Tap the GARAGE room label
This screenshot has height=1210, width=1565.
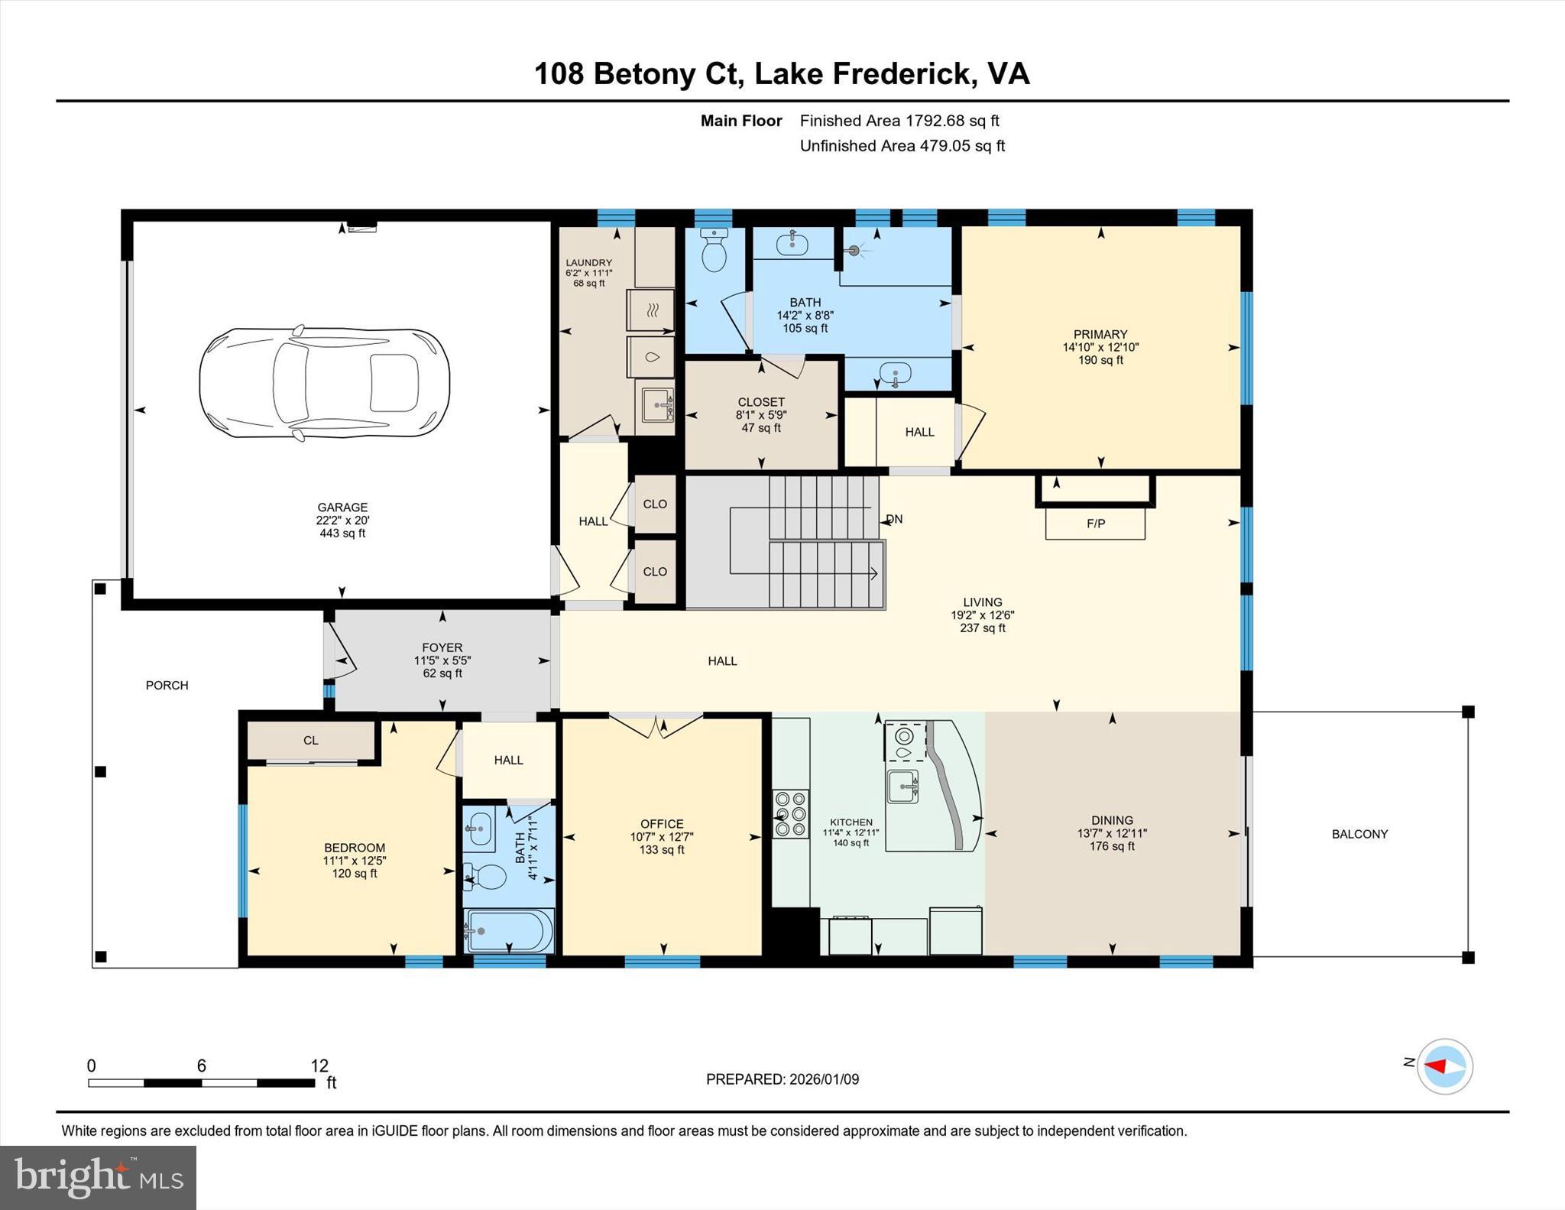(342, 508)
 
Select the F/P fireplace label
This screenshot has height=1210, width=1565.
(1095, 524)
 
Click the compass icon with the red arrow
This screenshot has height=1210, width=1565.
(1444, 1066)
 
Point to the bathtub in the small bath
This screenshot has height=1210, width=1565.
(508, 930)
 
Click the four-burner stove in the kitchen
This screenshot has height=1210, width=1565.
(790, 813)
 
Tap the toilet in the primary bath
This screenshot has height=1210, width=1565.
(714, 251)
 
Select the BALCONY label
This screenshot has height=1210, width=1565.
(1359, 834)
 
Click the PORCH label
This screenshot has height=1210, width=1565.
(167, 685)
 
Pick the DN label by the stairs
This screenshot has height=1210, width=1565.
(894, 519)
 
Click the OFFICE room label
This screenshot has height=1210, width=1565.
(662, 823)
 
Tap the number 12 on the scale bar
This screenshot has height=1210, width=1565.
(319, 1066)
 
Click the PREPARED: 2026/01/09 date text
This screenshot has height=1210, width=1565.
(782, 1079)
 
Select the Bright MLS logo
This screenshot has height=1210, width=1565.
(98, 1177)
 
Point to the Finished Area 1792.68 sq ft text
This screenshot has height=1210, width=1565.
(899, 121)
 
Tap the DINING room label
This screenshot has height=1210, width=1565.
(1112, 819)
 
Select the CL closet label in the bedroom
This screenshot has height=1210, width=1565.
(310, 740)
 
